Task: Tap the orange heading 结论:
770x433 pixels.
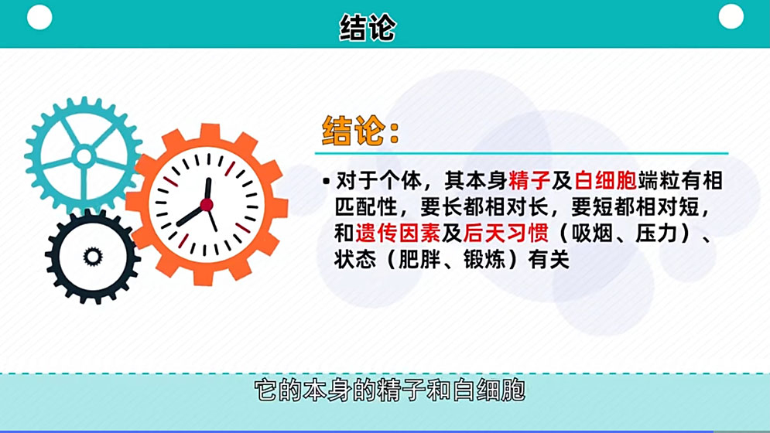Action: click(361, 131)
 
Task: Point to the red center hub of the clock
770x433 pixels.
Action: click(207, 204)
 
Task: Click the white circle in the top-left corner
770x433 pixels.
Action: click(39, 17)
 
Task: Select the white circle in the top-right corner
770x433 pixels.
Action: click(731, 16)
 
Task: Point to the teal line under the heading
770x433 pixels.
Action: click(522, 153)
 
